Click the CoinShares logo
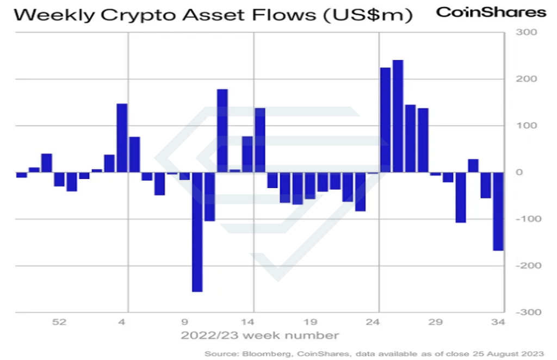491,13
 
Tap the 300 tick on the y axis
526,32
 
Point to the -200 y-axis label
528,265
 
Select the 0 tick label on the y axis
519,172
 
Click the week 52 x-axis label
59,322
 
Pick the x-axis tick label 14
247,322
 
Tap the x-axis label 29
436,322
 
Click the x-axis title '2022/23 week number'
259,336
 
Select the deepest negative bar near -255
197,232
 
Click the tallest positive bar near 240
398,116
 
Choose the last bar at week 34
498,211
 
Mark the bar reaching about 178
222,131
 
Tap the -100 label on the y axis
528,219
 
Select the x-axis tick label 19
310,322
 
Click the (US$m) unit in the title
368,15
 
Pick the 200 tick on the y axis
526,79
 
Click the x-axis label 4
122,322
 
